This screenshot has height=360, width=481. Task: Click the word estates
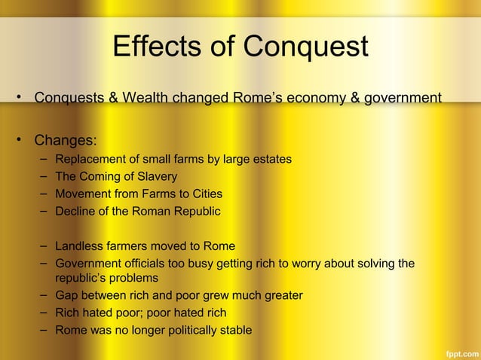coord(271,159)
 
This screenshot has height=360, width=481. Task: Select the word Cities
coord(203,194)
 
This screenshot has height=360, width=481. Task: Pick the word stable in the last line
coord(234,330)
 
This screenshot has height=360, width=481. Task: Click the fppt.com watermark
coord(459,351)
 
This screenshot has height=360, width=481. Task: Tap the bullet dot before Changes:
coord(22,140)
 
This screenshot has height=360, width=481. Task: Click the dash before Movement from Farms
coord(45,194)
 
